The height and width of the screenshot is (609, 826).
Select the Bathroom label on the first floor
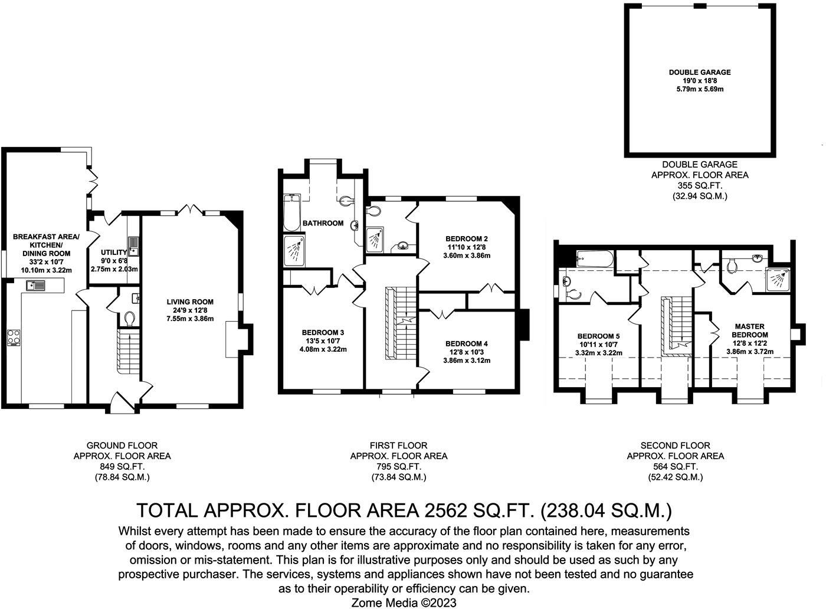tap(323, 223)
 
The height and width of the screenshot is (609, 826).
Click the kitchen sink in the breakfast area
tap(36, 286)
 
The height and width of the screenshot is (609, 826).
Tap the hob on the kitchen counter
tap(13, 338)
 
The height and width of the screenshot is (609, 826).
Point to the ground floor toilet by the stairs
tap(130, 319)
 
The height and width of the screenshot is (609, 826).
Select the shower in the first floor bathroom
tap(295, 251)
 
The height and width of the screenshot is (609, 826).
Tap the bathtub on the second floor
tap(594, 258)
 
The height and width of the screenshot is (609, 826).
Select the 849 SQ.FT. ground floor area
tap(122, 466)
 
